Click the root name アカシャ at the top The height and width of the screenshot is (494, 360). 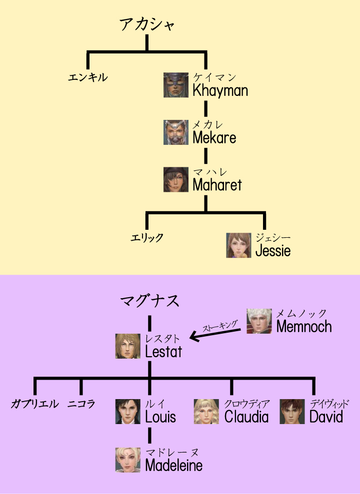(147, 24)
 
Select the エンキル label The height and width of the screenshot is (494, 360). (88, 77)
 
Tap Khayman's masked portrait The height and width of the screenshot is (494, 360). (176, 85)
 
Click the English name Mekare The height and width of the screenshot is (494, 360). (214, 138)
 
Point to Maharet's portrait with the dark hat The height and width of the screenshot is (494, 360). (176, 180)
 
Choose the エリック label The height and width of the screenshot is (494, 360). (147, 237)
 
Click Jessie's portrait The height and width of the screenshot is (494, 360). (238, 245)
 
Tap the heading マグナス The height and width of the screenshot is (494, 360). (149, 301)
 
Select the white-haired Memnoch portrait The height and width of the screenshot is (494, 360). (259, 321)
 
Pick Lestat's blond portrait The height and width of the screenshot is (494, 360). (128, 346)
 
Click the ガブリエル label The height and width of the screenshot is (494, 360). (34, 404)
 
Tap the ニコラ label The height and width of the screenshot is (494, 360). (81, 404)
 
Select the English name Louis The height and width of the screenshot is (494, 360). (160, 417)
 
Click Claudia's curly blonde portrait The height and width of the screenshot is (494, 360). (206, 412)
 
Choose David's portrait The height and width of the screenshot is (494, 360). (292, 412)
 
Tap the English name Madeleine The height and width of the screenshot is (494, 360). (174, 466)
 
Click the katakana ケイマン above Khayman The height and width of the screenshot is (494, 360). (214, 77)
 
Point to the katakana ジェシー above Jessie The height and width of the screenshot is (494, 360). (273, 238)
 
